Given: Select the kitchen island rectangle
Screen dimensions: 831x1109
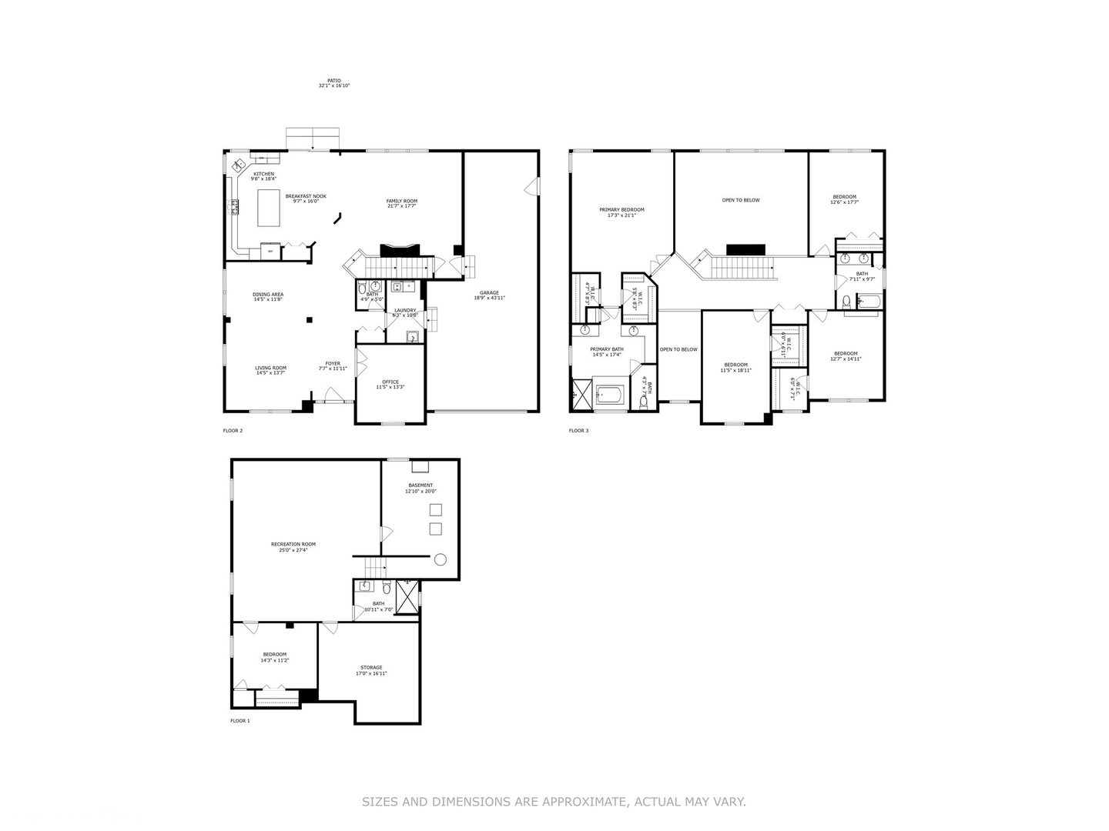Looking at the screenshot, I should click(x=269, y=208).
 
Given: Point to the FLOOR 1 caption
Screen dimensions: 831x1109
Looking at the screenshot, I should click(x=240, y=721).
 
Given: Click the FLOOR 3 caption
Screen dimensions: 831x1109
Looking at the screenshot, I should click(x=578, y=431).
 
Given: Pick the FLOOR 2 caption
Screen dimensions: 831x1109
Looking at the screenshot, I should click(x=233, y=431).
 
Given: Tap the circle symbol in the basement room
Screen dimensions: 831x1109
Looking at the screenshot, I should click(x=441, y=559).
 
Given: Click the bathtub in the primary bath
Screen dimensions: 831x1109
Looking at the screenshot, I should click(x=610, y=395).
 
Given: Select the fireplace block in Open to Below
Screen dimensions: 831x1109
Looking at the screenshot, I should click(x=745, y=249).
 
